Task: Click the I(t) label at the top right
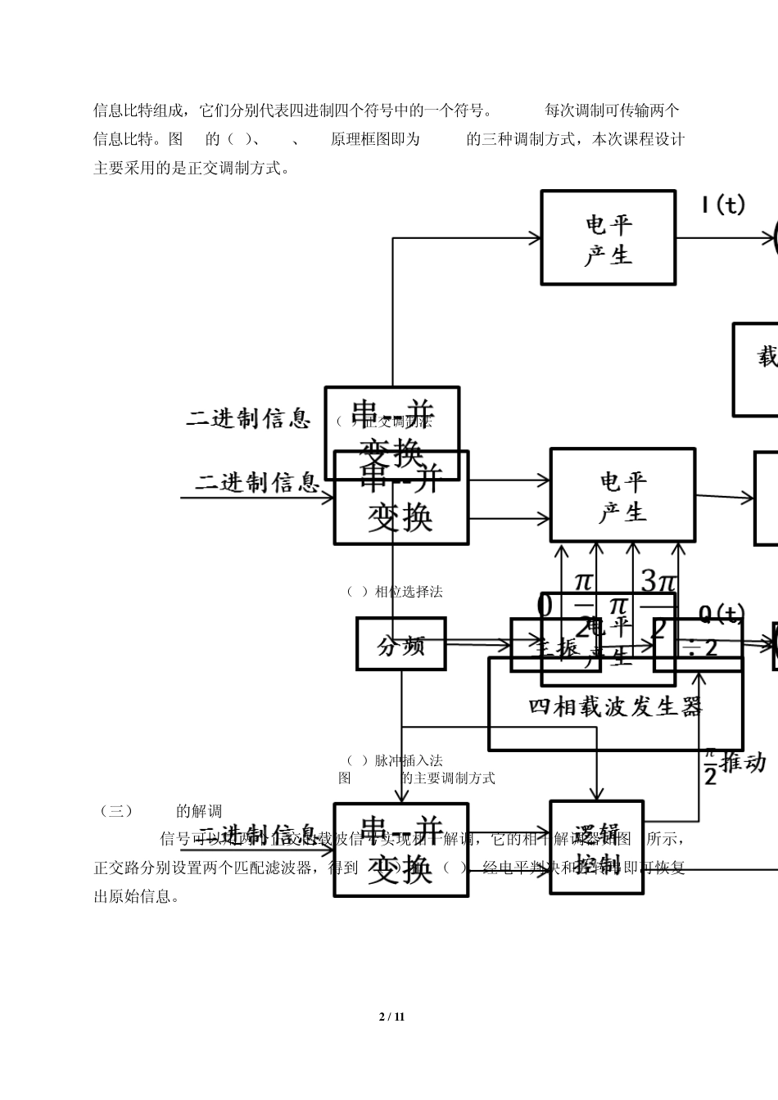coord(722,205)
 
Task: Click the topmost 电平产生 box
coord(608,238)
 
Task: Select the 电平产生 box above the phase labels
coord(622,495)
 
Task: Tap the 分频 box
coord(400,644)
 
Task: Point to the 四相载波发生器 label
coord(615,706)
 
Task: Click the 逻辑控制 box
coord(596,846)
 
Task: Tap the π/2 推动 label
coord(734,764)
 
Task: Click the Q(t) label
coord(721,613)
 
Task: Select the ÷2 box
coord(699,647)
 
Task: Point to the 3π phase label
coord(659,582)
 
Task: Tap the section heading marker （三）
coord(115,811)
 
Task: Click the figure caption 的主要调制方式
coord(448,778)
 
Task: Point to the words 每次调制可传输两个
coord(612,110)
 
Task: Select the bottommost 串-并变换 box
coord(400,850)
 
